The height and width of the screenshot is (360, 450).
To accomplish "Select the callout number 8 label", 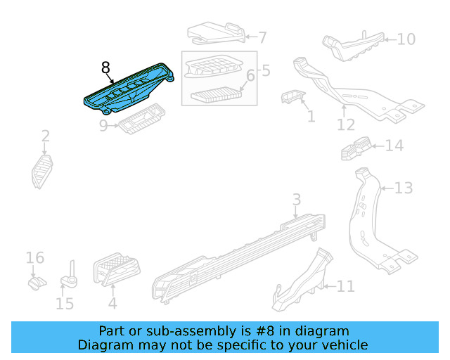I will point(105,67).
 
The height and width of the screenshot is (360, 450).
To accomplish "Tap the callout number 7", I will point(262,37).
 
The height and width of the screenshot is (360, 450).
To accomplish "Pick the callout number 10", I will point(406,39).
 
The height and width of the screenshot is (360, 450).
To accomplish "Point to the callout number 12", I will point(345,125).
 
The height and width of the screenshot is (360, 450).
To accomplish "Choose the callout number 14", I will point(394,146).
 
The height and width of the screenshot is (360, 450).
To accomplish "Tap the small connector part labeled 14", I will point(354,146).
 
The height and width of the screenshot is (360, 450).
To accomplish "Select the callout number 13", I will point(403,188).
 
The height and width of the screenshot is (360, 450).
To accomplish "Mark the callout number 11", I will point(346,286).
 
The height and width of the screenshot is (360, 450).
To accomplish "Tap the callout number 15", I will point(64,304).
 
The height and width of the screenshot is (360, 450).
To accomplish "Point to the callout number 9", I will point(103,126).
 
